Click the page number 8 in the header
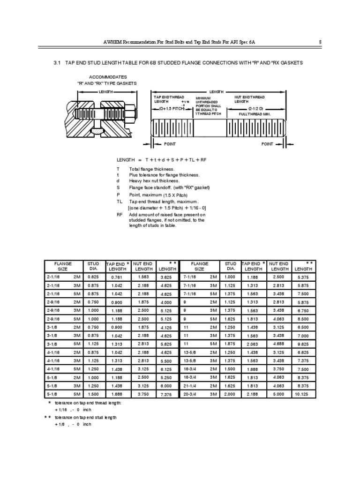coord(320,42)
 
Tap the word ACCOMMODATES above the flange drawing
coord(107,76)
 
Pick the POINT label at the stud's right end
coord(267,144)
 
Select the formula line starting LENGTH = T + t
coord(161,160)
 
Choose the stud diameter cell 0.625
coord(94,277)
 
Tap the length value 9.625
coord(303,344)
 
